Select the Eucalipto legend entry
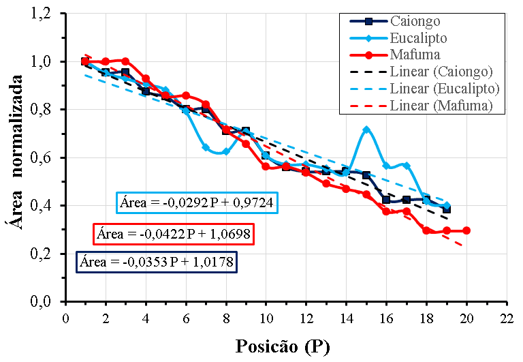click(x=419, y=37)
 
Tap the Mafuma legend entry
click(x=415, y=55)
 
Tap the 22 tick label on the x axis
click(x=507, y=318)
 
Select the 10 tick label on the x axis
click(x=266, y=318)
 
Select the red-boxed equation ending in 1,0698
click(x=173, y=234)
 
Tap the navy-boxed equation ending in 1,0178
click(x=159, y=262)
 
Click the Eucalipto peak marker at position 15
click(x=366, y=130)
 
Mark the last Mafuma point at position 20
click(x=466, y=230)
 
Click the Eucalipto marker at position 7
click(x=206, y=147)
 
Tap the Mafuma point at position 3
click(x=125, y=61)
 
